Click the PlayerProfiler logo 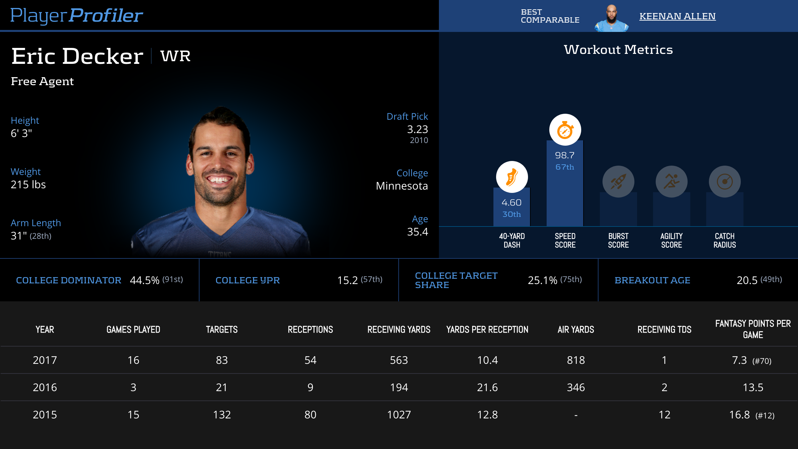click(x=76, y=16)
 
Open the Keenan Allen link click(x=677, y=16)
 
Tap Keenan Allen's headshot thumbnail click(x=611, y=18)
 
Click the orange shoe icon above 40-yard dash click(x=512, y=177)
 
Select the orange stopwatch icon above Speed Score click(x=565, y=130)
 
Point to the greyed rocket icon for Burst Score click(x=618, y=182)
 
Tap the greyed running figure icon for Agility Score click(x=671, y=182)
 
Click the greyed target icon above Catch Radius click(x=725, y=182)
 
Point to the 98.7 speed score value click(x=565, y=155)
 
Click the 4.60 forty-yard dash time click(x=511, y=203)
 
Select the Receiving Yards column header click(x=399, y=330)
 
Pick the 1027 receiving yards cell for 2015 click(x=399, y=415)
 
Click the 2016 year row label click(x=45, y=387)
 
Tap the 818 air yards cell click(x=576, y=360)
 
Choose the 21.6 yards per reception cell click(x=487, y=387)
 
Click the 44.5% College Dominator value click(x=145, y=280)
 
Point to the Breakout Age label click(x=652, y=280)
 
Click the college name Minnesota click(x=402, y=186)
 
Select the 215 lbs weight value click(x=28, y=185)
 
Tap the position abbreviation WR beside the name click(x=176, y=56)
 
